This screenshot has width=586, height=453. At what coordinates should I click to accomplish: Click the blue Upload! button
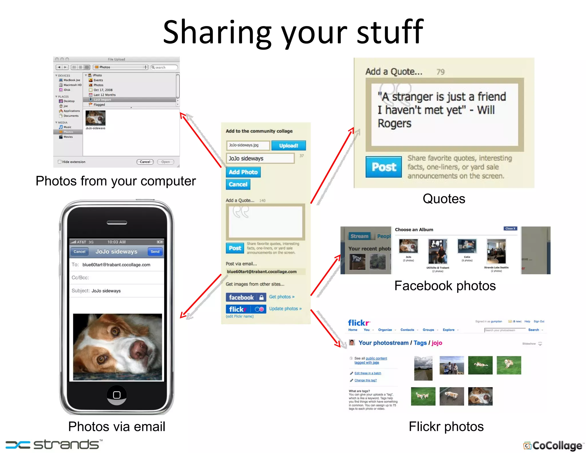(x=288, y=145)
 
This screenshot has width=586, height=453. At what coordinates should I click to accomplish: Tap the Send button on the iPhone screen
(x=155, y=252)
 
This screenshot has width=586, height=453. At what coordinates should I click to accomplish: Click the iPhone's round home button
(x=117, y=395)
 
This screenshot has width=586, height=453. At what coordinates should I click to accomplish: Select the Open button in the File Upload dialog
(x=165, y=162)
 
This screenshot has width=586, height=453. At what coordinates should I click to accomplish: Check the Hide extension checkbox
(x=60, y=162)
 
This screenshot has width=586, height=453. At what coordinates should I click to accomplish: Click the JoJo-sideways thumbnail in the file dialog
(x=96, y=118)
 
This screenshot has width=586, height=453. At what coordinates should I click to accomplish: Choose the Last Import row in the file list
(x=102, y=100)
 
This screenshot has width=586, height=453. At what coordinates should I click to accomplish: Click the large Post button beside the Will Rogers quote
(x=384, y=167)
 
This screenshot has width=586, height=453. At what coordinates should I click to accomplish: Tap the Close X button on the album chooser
(x=510, y=229)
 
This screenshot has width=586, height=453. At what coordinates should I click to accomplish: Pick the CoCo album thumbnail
(x=467, y=246)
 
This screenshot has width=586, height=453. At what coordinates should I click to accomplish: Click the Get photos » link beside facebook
(x=282, y=297)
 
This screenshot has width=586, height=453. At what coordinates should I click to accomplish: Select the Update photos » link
(x=285, y=309)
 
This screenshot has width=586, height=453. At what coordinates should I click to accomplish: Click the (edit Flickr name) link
(x=240, y=316)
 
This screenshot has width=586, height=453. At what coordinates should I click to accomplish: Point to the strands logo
(x=54, y=445)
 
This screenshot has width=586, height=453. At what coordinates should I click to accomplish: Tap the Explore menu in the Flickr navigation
(x=448, y=330)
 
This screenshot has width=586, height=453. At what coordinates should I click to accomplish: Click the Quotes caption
(x=444, y=199)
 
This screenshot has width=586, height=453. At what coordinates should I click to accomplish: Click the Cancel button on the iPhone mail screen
(x=80, y=252)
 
